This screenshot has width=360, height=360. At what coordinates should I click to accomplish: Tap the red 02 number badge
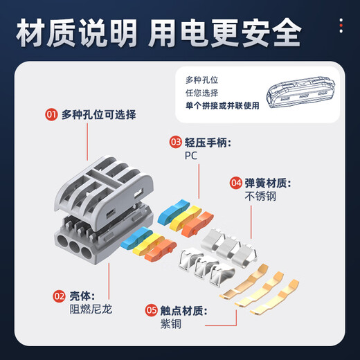coord(51,294)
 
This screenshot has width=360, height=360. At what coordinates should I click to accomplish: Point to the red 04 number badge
coord(236,183)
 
